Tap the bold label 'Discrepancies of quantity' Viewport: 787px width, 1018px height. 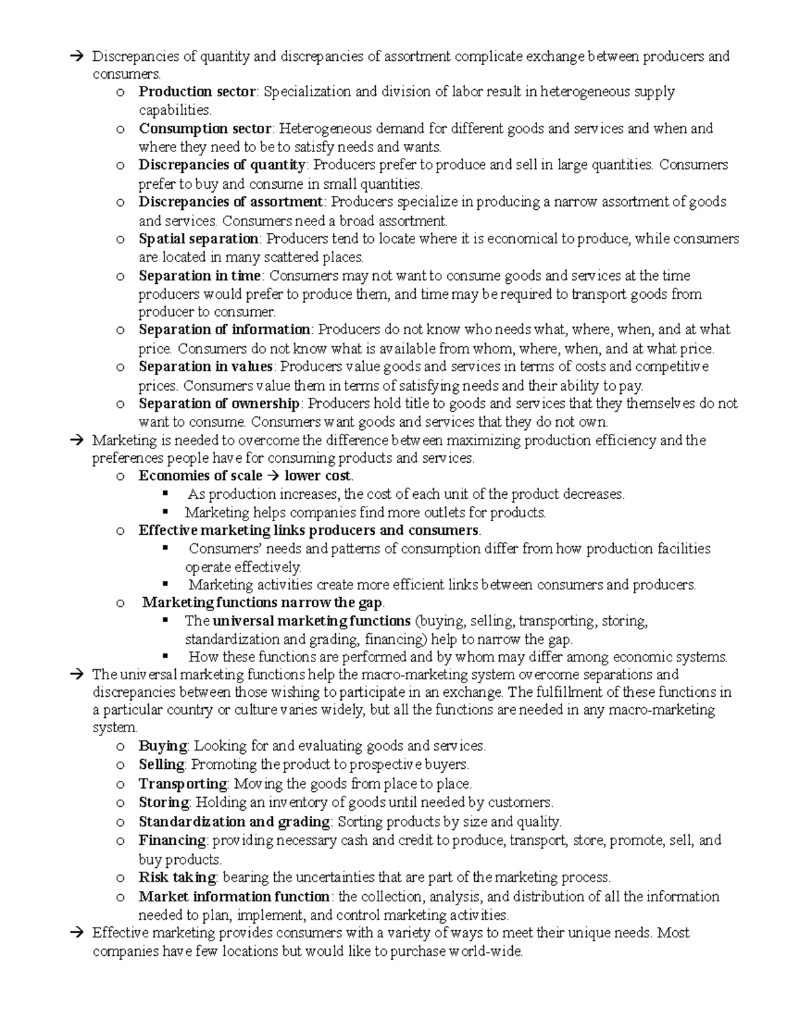coord(222,165)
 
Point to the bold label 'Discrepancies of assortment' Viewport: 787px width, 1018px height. coord(230,202)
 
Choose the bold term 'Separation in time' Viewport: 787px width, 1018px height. coord(200,275)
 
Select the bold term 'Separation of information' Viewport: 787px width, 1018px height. coord(224,330)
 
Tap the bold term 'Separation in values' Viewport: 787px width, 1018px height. coord(205,366)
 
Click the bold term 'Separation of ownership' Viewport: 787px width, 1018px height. coord(219,403)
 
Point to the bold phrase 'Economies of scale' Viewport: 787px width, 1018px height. coord(200,476)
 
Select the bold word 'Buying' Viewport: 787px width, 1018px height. coord(163,746)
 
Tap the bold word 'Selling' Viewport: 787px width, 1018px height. coord(161,764)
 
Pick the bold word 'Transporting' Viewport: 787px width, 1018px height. coord(182,784)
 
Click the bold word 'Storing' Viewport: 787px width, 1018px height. coord(163,802)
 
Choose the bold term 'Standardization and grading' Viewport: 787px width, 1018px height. coord(234,822)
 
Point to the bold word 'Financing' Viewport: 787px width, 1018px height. coord(172,840)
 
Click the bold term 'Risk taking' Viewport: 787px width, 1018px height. coord(177,878)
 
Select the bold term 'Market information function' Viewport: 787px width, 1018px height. coord(234,897)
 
